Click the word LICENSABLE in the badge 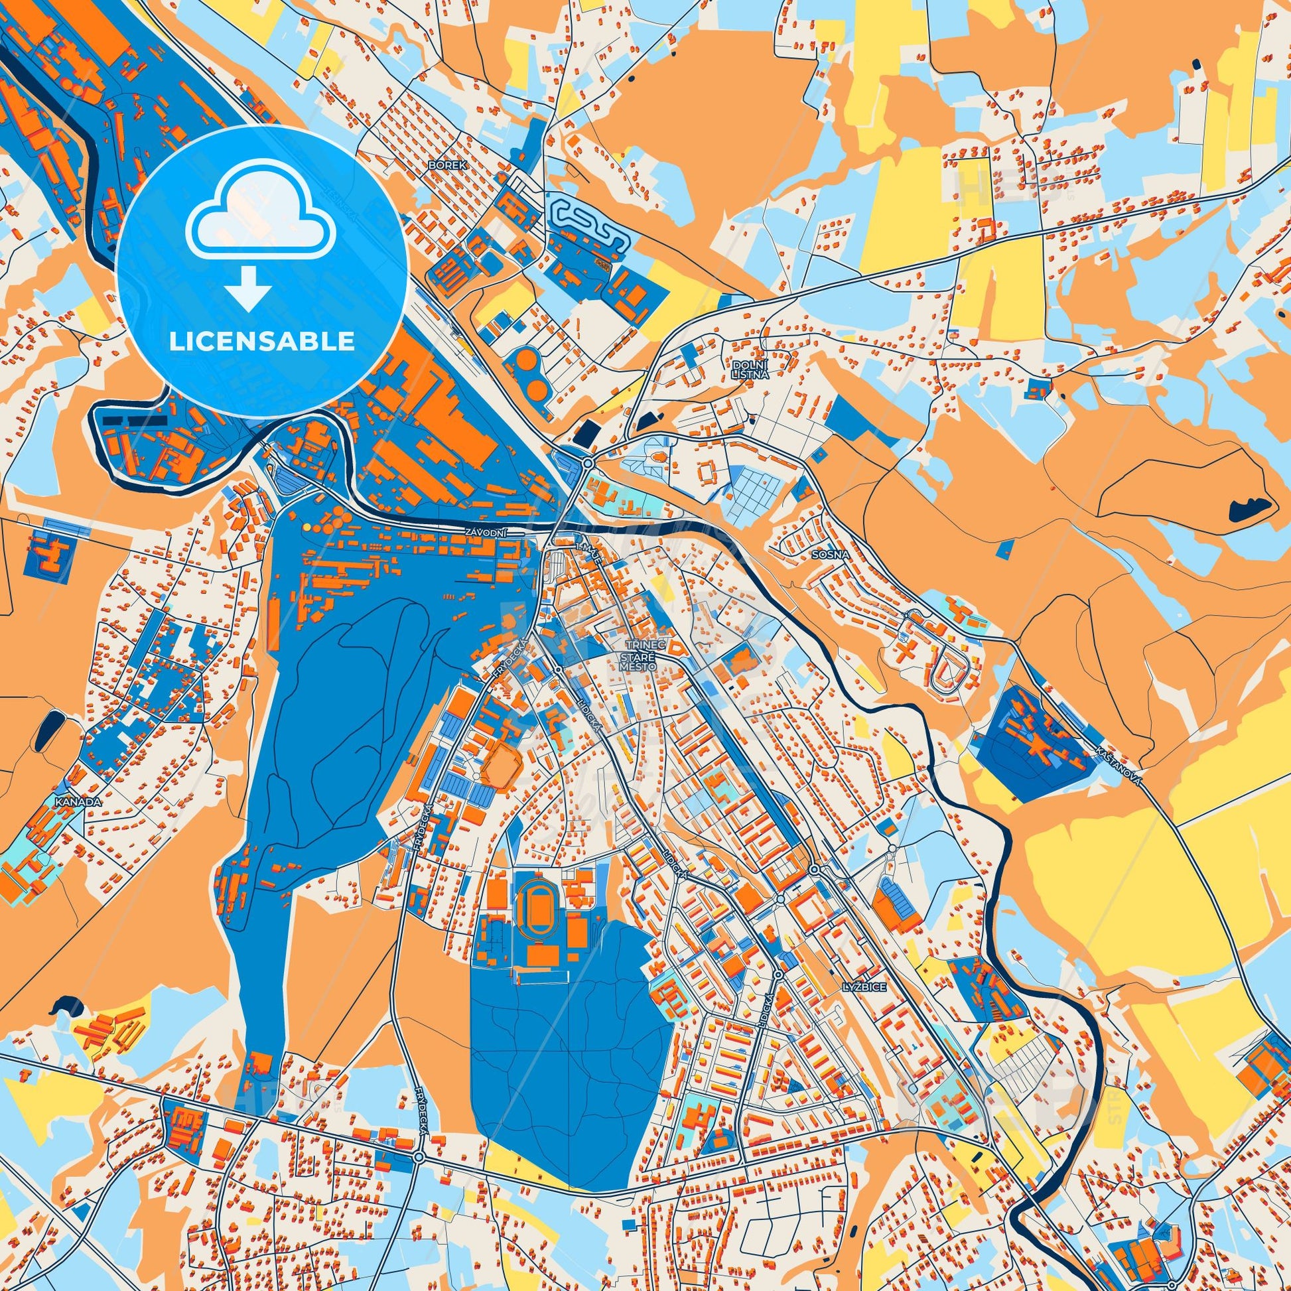click(261, 342)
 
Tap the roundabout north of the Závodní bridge click(587, 462)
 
